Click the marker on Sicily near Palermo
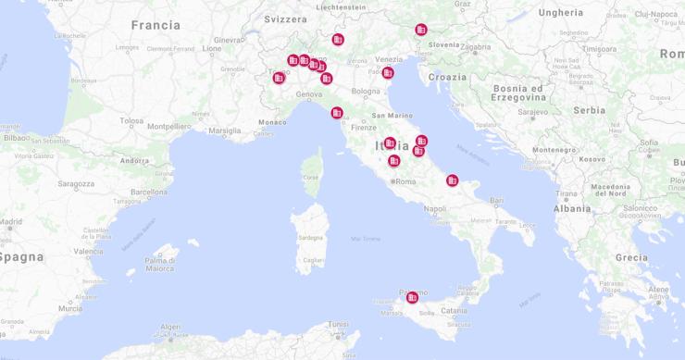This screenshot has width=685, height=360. coord(413,297)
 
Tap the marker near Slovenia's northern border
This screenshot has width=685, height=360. coord(421,30)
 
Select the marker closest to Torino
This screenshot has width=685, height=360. coord(279,78)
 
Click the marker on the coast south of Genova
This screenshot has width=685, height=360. coord(337,113)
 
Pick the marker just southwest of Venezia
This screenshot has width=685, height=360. coord(388,72)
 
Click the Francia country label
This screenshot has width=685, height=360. coord(156,25)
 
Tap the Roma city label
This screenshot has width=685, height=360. coord(406,181)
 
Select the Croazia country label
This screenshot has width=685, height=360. coord(448,77)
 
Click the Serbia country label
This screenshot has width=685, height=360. coord(589,109)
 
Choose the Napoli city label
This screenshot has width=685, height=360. coord(434,209)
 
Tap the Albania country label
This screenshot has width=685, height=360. coord(572,209)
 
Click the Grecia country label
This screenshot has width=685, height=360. coord(631,257)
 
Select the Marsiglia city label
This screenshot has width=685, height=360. coord(225,130)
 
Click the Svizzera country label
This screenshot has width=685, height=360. coord(284,19)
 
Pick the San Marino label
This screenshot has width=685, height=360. coord(392,116)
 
